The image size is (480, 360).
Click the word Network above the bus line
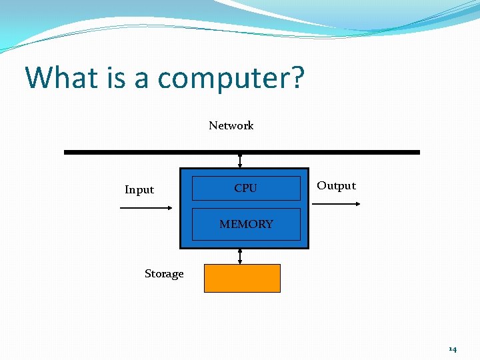pos(231,125)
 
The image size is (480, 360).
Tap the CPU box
pos(246,188)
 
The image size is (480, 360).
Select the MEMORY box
pos(246,224)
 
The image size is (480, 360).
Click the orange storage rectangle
pos(242,278)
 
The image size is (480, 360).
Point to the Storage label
pos(164,274)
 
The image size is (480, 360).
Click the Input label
pos(139,190)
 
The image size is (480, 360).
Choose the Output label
pos(336,186)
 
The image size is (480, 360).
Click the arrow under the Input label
pos(145,208)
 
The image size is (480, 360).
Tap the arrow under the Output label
pos(336,204)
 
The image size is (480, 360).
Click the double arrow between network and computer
pos(240,161)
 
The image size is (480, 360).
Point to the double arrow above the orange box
pos(240,257)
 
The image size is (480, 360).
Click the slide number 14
pos(453,349)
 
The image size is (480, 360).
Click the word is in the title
pos(116,78)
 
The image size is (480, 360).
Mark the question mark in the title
pos(297,78)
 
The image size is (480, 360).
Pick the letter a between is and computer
pos(141,80)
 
